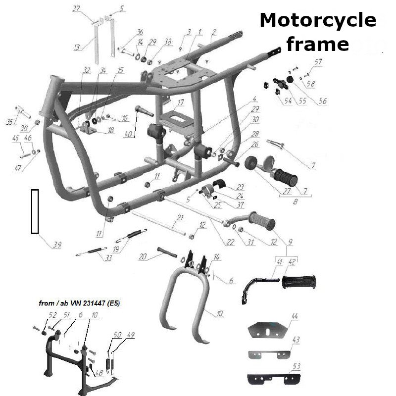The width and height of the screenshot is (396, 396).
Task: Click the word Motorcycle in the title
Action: tap(317, 21)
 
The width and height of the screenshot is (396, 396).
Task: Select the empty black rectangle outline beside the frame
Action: tap(35, 211)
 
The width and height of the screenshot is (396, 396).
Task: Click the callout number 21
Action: tap(180, 218)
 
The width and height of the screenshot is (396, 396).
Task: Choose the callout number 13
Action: tap(76, 48)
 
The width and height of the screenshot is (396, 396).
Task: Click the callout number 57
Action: tap(318, 63)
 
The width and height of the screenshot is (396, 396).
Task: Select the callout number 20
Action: tap(143, 256)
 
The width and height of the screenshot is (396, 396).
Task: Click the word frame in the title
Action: tap(317, 44)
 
